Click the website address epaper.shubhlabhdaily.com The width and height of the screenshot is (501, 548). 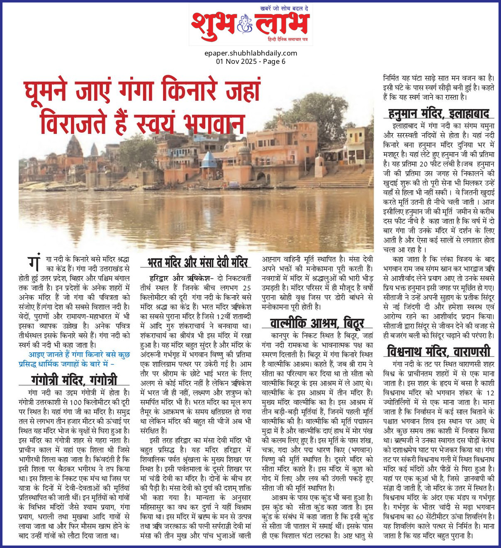pyautogui.click(x=250, y=53)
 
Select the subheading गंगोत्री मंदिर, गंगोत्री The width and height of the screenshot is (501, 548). pyautogui.click(x=74, y=380)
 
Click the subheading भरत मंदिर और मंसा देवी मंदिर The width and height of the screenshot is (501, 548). pyautogui.click(x=197, y=262)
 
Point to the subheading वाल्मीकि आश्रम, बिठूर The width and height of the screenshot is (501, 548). pyautogui.click(x=317, y=323)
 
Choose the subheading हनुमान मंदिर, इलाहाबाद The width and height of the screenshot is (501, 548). pyautogui.click(x=439, y=113)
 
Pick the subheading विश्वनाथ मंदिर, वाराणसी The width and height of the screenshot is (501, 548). pyautogui.click(x=439, y=352)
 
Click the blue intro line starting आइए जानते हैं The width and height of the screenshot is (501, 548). pyautogui.click(x=74, y=359)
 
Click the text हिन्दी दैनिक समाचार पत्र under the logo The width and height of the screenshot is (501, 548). pyautogui.click(x=287, y=39)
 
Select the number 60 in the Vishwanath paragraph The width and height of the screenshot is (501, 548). pyautogui.click(x=421, y=516)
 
